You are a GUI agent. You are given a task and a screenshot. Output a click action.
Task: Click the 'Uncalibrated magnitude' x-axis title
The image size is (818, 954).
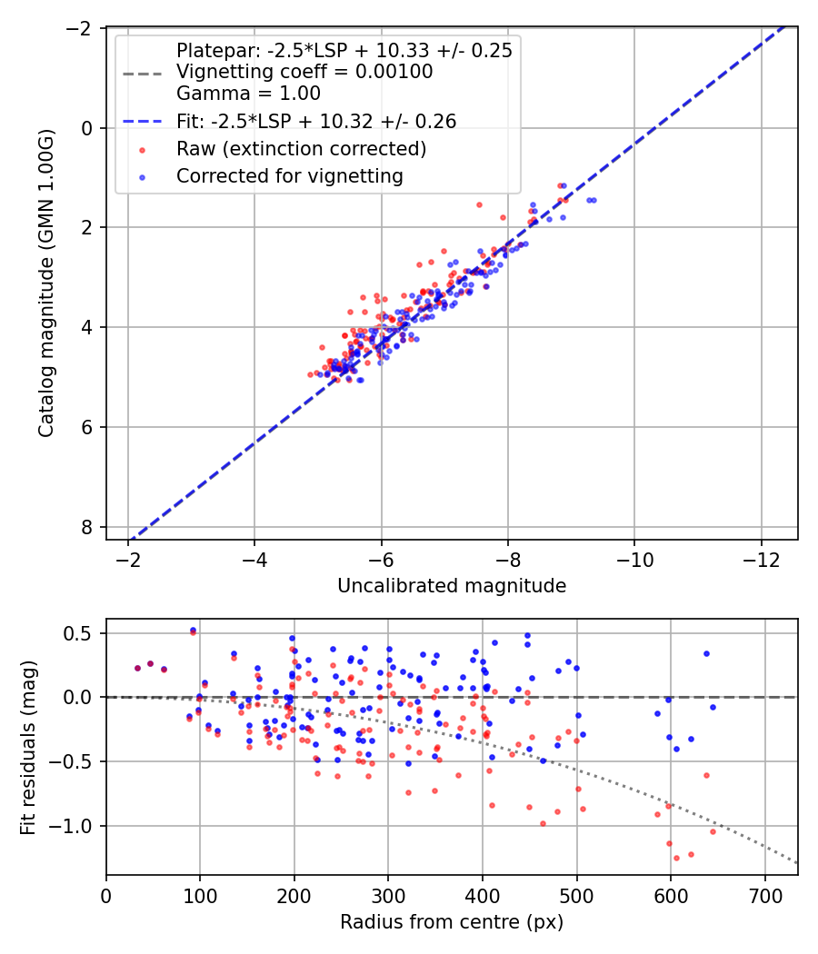(452, 586)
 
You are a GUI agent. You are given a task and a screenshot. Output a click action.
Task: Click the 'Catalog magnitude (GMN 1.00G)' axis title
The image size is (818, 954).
(46, 283)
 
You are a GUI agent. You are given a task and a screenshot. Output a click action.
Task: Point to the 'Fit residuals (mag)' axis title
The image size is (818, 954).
(28, 747)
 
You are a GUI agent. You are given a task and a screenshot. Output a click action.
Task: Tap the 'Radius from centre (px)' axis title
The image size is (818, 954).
(452, 922)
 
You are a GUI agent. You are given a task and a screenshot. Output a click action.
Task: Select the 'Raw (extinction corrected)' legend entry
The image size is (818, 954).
(301, 148)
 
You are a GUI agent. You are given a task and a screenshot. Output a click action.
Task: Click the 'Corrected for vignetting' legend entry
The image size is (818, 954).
(290, 176)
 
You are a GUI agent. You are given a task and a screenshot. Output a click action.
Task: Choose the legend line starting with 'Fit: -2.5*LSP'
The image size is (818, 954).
(316, 121)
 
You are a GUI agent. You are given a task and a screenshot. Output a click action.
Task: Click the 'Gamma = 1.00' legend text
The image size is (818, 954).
(248, 93)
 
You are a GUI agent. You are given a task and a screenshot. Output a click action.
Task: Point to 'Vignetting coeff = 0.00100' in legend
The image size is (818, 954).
(304, 72)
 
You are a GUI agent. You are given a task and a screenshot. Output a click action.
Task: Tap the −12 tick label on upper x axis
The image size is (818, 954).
(762, 559)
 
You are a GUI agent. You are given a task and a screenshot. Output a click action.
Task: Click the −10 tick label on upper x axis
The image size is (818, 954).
(634, 559)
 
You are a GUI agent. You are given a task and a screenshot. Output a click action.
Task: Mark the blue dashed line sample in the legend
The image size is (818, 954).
(143, 122)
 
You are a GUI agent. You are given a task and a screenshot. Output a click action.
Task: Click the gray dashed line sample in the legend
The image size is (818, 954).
(143, 74)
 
